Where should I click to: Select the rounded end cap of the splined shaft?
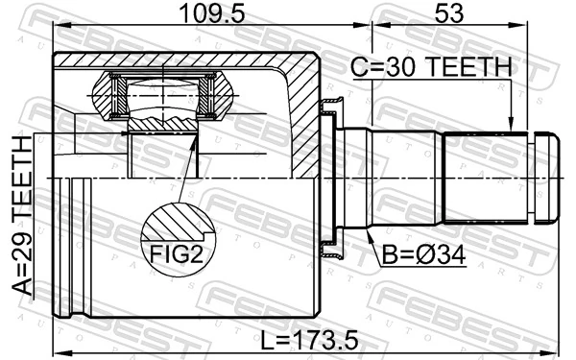545,179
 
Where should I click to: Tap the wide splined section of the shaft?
486,179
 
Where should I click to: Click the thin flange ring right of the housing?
328,179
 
